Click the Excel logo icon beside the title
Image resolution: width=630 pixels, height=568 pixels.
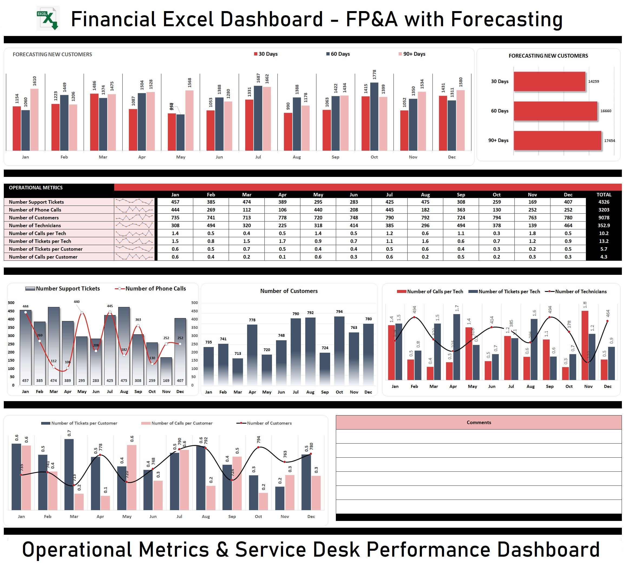(x=48, y=18)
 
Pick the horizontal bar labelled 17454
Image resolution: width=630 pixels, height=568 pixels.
(x=557, y=140)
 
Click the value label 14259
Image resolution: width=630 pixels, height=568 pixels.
(x=593, y=81)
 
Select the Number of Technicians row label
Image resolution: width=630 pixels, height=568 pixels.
(x=35, y=225)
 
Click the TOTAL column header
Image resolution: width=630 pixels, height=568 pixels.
(x=603, y=194)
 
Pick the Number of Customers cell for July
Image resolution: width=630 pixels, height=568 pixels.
(x=389, y=217)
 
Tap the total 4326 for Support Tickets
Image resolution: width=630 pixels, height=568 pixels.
(x=603, y=202)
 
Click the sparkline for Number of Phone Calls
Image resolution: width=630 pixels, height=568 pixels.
(x=134, y=210)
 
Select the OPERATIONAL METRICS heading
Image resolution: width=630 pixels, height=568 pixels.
(x=36, y=187)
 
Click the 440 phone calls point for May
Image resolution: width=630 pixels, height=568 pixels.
(x=81, y=312)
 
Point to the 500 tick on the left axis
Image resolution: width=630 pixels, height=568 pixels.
(x=11, y=303)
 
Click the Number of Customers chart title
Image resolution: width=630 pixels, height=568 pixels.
(x=289, y=291)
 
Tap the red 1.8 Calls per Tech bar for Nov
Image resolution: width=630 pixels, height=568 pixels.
(x=585, y=345)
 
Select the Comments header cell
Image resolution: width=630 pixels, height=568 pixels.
(x=478, y=422)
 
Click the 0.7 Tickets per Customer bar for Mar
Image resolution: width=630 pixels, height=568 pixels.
(x=69, y=474)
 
